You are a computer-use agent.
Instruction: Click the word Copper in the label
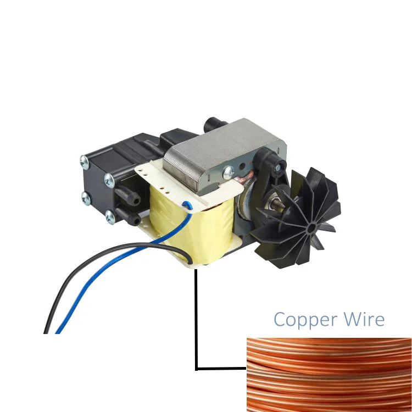pyautogui.click(x=299, y=320)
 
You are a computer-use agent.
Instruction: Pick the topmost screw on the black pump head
pyautogui.click(x=83, y=160)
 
